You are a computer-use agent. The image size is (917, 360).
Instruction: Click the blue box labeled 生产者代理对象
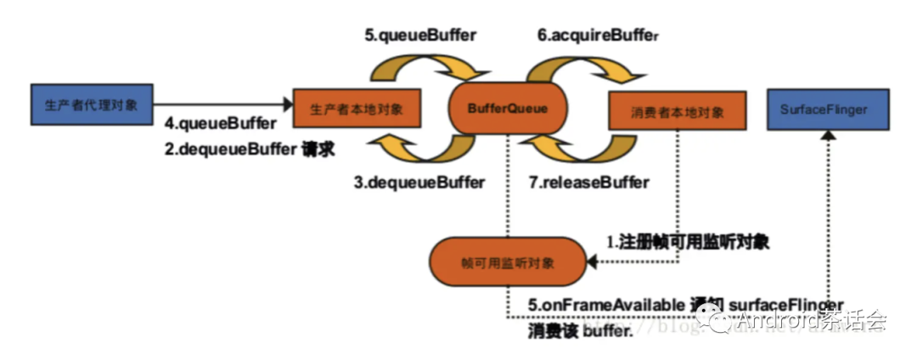click(x=92, y=104)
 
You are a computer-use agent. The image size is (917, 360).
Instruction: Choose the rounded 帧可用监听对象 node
click(x=508, y=262)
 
